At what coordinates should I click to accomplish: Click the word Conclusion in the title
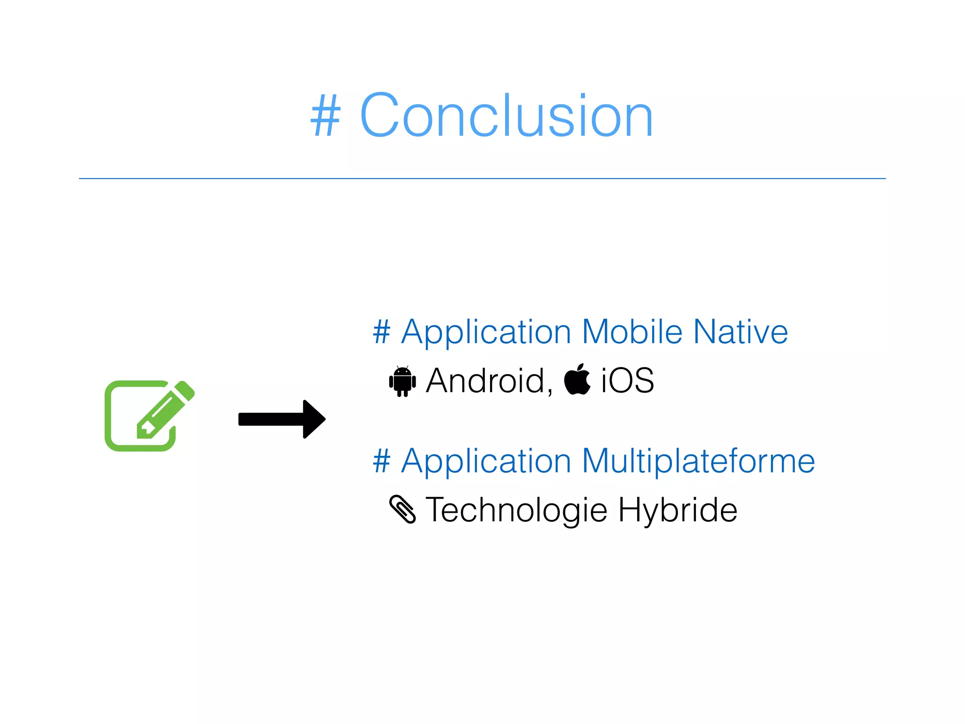click(x=507, y=116)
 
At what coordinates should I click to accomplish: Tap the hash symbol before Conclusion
click(x=325, y=116)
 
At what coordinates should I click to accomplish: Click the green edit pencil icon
click(x=149, y=415)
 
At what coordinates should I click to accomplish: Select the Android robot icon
click(x=402, y=381)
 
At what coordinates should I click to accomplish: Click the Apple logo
click(x=577, y=380)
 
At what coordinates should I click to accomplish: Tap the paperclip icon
click(x=402, y=509)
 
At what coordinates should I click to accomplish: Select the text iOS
click(x=627, y=381)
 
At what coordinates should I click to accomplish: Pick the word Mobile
click(x=632, y=332)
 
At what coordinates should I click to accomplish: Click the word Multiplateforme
click(x=698, y=461)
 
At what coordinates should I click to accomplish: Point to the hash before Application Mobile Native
click(x=381, y=332)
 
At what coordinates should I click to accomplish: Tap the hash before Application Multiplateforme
click(x=381, y=461)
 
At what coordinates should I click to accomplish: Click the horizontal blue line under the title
click(x=482, y=179)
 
